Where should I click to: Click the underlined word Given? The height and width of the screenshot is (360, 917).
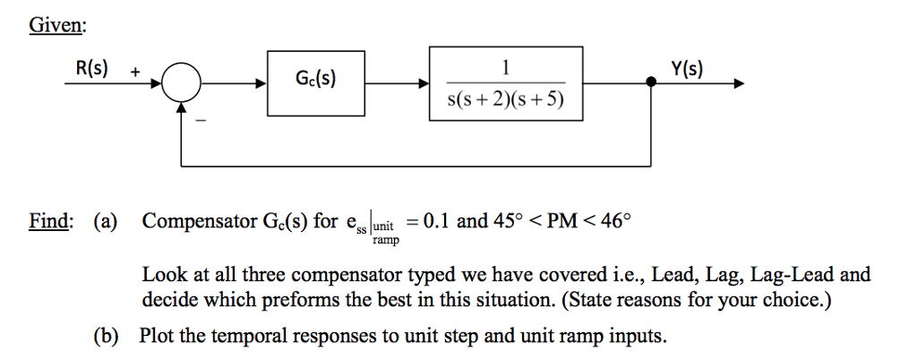[x=56, y=26]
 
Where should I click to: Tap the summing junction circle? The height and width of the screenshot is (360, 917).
[x=184, y=84]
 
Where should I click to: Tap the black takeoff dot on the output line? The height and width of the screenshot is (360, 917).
[x=652, y=83]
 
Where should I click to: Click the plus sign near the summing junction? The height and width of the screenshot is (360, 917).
[x=135, y=70]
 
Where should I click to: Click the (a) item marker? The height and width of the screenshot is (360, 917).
[x=105, y=221]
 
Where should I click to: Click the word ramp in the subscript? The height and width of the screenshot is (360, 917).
[x=385, y=241]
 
